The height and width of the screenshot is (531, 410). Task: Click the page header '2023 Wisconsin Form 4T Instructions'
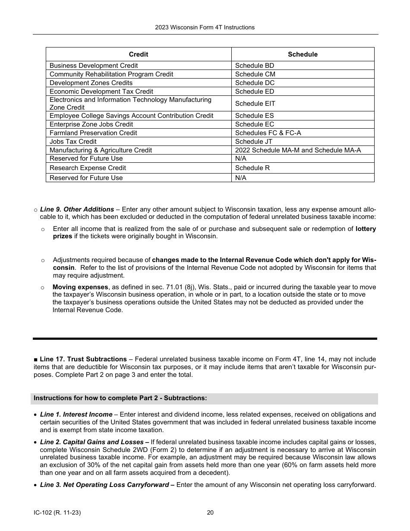coord(205,27)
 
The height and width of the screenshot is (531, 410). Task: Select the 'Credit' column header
coord(138,54)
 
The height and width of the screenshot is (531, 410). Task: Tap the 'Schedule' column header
coord(303,54)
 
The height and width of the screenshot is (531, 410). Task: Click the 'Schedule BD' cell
coord(255,66)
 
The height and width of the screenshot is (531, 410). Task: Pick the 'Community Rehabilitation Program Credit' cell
coord(111,74)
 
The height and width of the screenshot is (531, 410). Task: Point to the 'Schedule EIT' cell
coord(255,104)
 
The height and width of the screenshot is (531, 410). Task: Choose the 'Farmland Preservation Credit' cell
coord(93,133)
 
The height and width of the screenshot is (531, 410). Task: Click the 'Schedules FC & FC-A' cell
coord(268,133)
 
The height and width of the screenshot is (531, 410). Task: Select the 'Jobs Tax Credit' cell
coord(73,142)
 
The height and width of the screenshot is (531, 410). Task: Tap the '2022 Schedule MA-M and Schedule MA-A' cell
coord(298,150)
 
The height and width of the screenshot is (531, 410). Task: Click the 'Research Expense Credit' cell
coord(88,168)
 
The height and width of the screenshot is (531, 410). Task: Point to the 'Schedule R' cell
coord(252,168)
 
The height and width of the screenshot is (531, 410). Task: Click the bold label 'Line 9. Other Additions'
coord(77,209)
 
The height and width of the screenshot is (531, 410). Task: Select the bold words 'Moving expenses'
coord(80,287)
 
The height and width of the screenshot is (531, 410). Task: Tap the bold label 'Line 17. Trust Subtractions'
coord(83,359)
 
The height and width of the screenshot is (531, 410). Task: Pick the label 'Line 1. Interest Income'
coord(76,414)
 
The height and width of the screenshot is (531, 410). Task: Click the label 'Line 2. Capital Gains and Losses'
coord(91,442)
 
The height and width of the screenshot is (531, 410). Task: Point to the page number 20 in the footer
coord(210,513)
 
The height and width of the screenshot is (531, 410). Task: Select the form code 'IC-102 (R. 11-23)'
coord(57,513)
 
